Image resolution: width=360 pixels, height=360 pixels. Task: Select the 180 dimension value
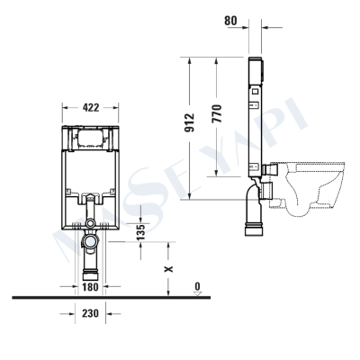(x=89, y=287)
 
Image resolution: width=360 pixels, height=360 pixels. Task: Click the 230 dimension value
(x=89, y=313)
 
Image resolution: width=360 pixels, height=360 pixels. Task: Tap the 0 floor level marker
(x=196, y=285)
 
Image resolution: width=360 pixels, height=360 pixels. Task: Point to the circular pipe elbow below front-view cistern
(x=90, y=241)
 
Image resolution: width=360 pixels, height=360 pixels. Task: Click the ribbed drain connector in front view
(x=90, y=271)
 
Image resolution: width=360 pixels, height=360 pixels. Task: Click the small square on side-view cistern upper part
(x=256, y=89)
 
